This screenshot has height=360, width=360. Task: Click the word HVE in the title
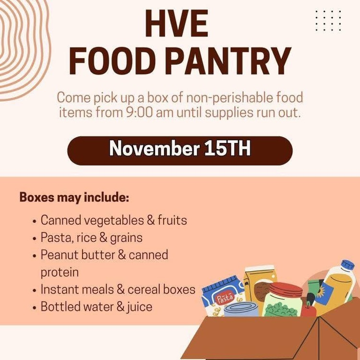pos(180,24)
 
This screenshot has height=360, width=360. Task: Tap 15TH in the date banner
pos(227,149)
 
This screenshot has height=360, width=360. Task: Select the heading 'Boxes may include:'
pos(74,198)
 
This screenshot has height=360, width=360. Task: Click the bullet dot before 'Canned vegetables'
pos(35,222)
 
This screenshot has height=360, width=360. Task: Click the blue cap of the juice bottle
pos(347,265)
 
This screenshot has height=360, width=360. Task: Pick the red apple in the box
pos(309,310)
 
